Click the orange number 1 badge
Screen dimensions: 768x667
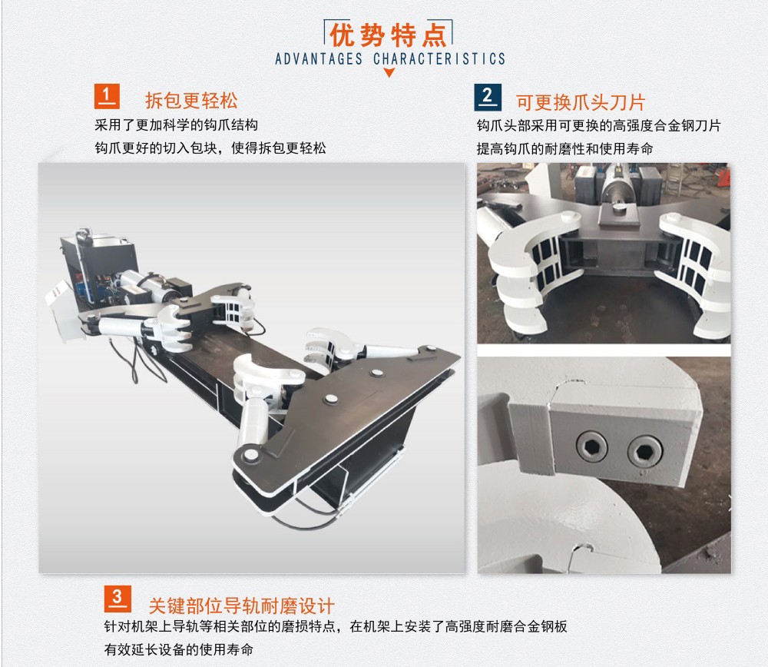(x=107, y=96)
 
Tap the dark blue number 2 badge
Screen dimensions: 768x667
(x=488, y=97)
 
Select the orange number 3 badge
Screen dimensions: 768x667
(x=118, y=599)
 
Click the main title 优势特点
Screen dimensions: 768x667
(x=388, y=35)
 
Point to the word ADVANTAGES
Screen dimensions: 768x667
(x=319, y=59)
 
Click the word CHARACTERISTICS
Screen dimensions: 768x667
(x=439, y=59)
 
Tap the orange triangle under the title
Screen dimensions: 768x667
(x=389, y=72)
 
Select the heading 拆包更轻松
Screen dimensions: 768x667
(x=191, y=101)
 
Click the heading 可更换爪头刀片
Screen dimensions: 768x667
(x=581, y=102)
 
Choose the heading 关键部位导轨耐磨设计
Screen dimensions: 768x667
(x=241, y=606)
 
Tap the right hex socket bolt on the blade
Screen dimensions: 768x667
(x=644, y=451)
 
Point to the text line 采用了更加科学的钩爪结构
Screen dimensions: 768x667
(x=177, y=125)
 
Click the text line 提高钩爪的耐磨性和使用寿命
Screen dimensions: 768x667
(x=564, y=148)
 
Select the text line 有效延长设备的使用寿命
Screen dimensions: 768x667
(x=179, y=650)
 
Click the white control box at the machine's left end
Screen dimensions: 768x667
(x=60, y=310)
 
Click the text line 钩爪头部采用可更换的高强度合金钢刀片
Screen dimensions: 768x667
(x=598, y=126)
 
